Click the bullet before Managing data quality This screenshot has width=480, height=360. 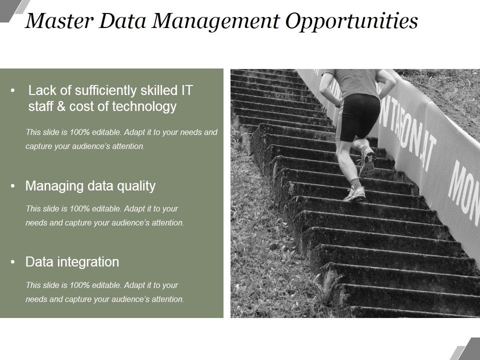[12, 186]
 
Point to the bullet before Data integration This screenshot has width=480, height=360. [12, 262]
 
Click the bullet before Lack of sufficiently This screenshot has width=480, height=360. [12, 91]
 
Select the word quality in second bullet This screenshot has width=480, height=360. [135, 187]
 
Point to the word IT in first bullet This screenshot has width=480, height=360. [186, 90]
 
